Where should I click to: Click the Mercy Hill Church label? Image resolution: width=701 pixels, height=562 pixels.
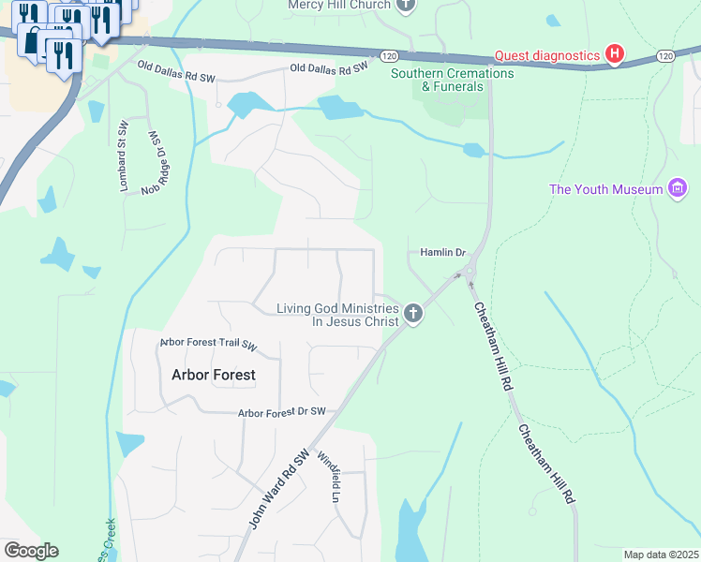tap(338, 4)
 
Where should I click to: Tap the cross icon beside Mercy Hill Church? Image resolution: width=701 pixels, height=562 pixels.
tap(406, 5)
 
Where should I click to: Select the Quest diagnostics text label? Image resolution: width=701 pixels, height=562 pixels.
tap(547, 54)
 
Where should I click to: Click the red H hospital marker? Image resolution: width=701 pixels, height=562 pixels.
tap(614, 53)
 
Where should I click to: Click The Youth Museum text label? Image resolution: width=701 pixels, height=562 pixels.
tap(605, 189)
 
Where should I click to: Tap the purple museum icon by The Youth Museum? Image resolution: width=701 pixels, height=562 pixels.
tap(678, 189)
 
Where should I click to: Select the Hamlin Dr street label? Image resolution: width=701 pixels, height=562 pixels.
tap(442, 253)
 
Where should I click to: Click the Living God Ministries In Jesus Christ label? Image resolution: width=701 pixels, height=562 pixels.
tap(337, 315)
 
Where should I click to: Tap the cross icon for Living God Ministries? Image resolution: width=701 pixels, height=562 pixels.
tap(413, 315)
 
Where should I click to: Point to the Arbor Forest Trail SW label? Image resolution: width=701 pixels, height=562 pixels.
tap(208, 344)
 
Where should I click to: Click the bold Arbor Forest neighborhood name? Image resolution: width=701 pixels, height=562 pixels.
tap(213, 375)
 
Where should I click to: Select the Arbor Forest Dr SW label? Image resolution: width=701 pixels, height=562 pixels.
tap(281, 412)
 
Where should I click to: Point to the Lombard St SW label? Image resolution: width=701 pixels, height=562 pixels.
tap(123, 156)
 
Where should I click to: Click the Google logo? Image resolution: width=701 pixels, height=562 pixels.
tap(31, 551)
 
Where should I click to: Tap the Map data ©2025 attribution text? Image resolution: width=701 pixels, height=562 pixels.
tap(661, 555)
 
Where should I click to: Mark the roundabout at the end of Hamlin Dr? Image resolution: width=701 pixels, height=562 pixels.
tap(468, 273)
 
